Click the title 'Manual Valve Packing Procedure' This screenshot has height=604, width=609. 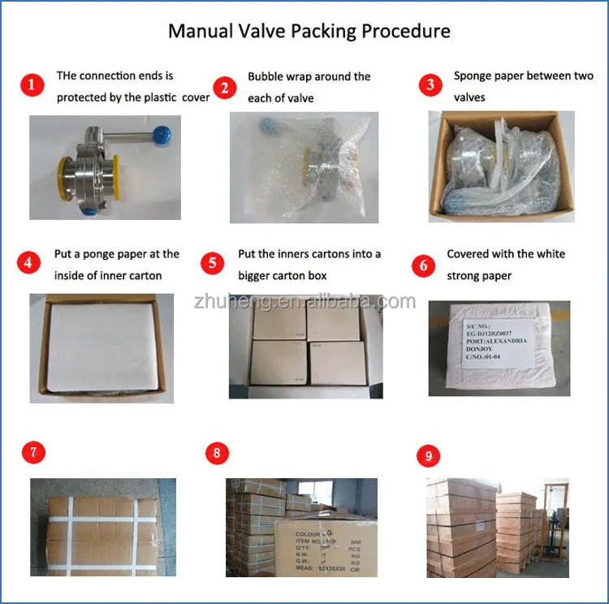coord(309,32)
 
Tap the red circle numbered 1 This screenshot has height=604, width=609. coord(32,85)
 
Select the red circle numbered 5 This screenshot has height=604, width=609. coord(213,263)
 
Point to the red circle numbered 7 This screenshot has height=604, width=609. coord(32,453)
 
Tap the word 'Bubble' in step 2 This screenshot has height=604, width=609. coord(266,76)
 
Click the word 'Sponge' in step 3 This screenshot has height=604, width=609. coord(473,76)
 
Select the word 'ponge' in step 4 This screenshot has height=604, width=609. coord(104,254)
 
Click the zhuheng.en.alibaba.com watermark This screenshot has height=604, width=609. coord(304,302)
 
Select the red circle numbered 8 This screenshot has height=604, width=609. coord(217,453)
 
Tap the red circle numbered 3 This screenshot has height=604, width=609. coord(431,85)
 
